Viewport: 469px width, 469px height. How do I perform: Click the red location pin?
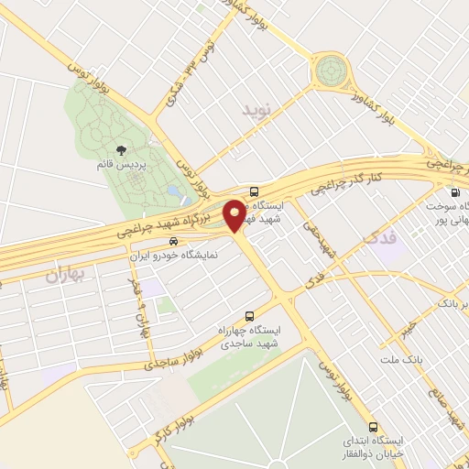(235, 214)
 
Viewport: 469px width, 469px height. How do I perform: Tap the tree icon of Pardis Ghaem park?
(121, 150)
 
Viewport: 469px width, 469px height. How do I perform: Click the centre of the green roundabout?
(332, 70)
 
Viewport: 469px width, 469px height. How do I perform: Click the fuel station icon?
(455, 192)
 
